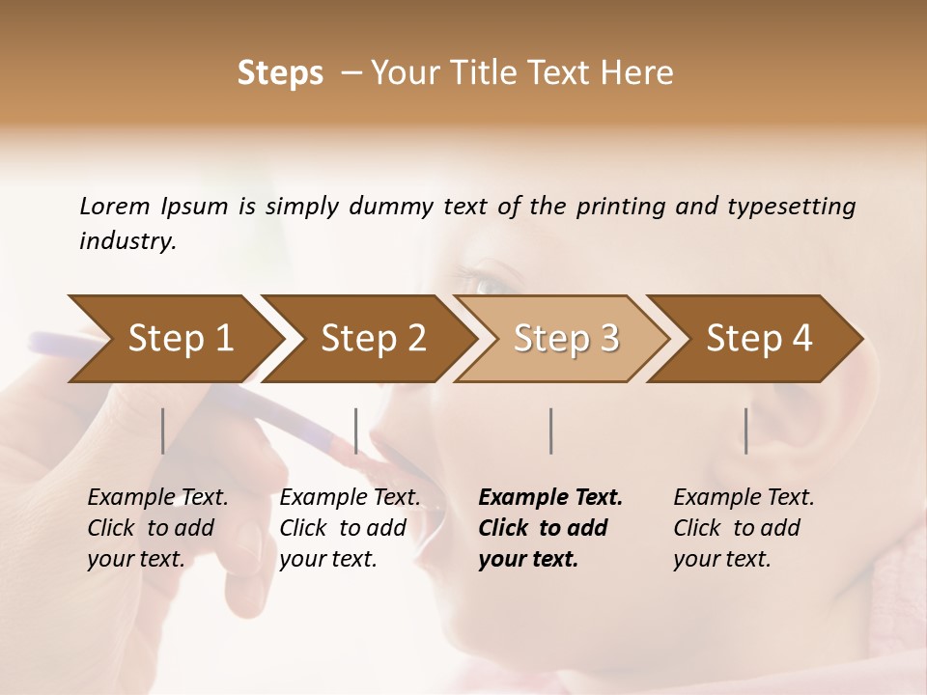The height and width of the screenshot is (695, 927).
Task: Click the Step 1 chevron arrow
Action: coord(174,339)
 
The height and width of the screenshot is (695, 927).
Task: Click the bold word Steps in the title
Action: coord(280,73)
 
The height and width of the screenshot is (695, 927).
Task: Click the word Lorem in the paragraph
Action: coord(114,206)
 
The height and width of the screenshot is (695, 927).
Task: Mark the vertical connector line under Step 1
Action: coord(163,431)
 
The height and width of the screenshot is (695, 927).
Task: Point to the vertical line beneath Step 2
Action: coord(356,431)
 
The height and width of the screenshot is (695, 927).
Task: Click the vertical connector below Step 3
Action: coord(550,431)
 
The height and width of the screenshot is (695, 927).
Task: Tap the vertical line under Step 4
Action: coord(746,431)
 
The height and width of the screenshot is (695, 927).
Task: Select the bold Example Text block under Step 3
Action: coord(550,528)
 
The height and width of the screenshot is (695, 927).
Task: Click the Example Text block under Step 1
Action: coord(157,528)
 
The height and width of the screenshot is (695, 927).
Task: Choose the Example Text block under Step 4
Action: coord(744,528)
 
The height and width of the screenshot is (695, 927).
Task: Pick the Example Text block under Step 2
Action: coord(350,528)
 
